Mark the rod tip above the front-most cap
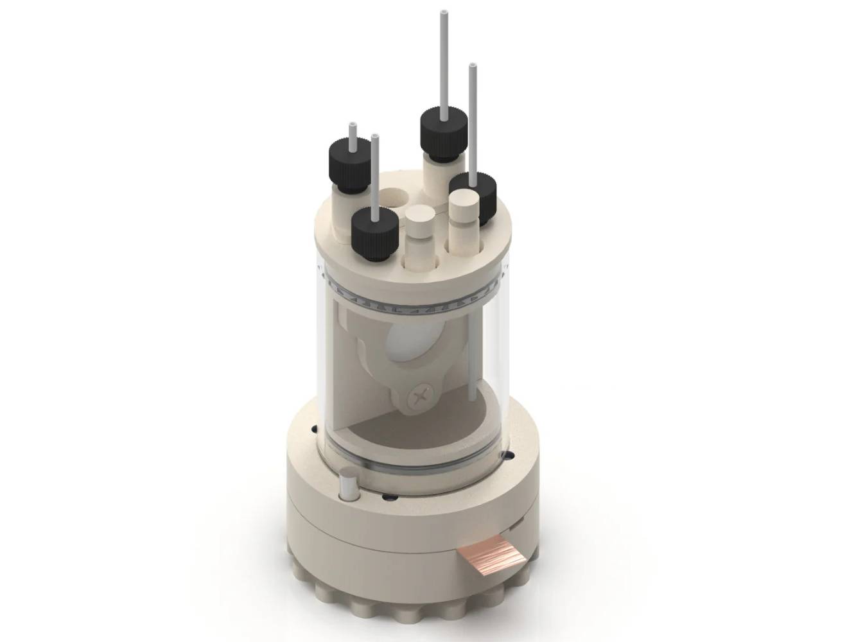coord(374,138)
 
